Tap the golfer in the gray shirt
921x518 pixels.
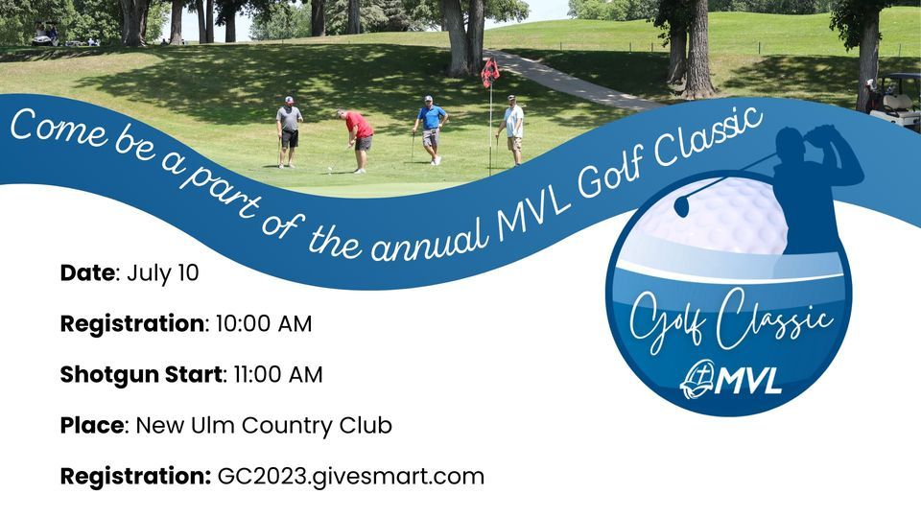[x=289, y=129]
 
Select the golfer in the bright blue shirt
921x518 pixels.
[x=431, y=128]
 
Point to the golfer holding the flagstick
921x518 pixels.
[x=513, y=128]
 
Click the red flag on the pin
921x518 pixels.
[x=490, y=72]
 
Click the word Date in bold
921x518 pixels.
[x=87, y=272]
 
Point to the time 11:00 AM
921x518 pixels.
[x=278, y=374]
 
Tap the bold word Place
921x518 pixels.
[x=92, y=425]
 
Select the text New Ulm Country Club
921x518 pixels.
[x=264, y=425]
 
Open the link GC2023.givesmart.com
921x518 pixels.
[x=351, y=476]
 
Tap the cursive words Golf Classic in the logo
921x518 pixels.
[x=729, y=321]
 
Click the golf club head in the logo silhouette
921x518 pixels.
[x=682, y=204]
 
